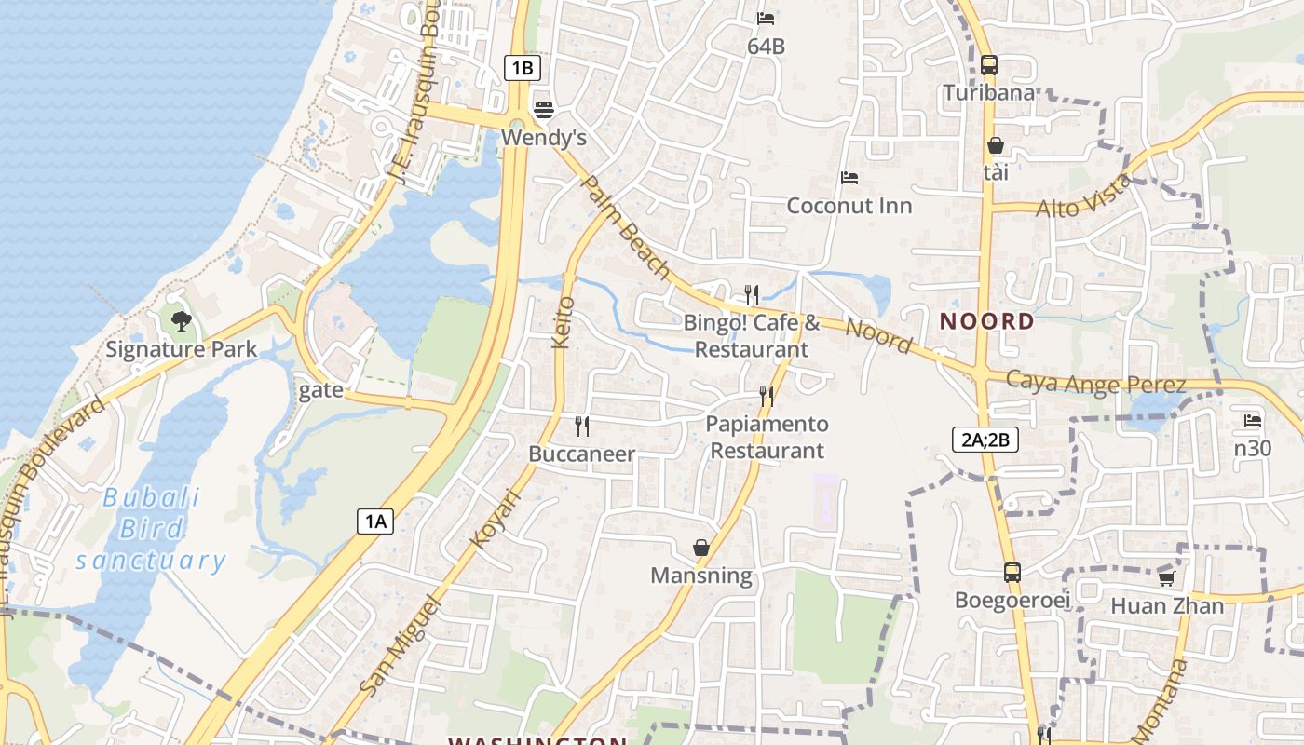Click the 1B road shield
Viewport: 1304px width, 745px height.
tap(523, 67)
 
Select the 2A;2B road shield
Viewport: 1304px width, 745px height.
tap(985, 440)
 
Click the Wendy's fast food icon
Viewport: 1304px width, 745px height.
tap(544, 110)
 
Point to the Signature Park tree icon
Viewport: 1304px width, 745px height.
tap(182, 321)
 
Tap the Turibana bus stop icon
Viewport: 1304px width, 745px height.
tap(989, 65)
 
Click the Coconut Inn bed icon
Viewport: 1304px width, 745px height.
tap(849, 177)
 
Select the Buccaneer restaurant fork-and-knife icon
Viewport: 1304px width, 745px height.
tap(582, 427)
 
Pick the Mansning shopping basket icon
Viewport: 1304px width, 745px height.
tap(701, 548)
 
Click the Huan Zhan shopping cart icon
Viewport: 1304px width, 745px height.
tap(1166, 578)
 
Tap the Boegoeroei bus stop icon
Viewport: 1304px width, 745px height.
tap(1012, 572)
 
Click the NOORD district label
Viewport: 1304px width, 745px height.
tap(986, 322)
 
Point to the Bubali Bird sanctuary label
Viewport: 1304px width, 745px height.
tap(151, 529)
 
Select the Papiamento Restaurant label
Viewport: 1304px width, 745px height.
tap(766, 438)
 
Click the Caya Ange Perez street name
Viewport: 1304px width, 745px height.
tap(1095, 383)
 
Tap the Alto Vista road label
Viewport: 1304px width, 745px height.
tap(1083, 196)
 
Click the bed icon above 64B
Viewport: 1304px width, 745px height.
tap(766, 18)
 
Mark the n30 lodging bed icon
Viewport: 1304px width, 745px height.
tap(1253, 421)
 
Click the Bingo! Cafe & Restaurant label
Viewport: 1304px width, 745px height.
tap(753, 336)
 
